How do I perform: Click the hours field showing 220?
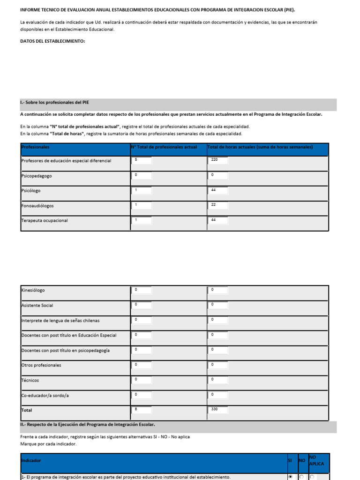[x=218, y=161]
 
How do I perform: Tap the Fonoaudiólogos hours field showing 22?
[x=218, y=205]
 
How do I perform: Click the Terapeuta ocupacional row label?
[x=45, y=220]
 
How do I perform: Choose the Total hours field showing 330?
[x=218, y=410]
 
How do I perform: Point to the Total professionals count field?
[x=142, y=410]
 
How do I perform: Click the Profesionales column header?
[x=36, y=147]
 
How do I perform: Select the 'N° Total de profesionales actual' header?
[x=164, y=147]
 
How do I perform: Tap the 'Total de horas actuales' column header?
[x=260, y=147]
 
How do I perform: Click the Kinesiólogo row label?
[x=33, y=291]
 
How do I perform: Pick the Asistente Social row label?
[x=37, y=306]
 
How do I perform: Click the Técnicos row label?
[x=30, y=380]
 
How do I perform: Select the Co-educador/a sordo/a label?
[x=45, y=396]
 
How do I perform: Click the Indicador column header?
[x=31, y=460]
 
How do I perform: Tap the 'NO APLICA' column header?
[x=316, y=460]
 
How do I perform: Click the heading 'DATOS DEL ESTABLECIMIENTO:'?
[x=52, y=41]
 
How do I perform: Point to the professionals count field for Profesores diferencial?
[x=142, y=161]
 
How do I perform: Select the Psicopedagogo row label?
[x=37, y=176]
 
